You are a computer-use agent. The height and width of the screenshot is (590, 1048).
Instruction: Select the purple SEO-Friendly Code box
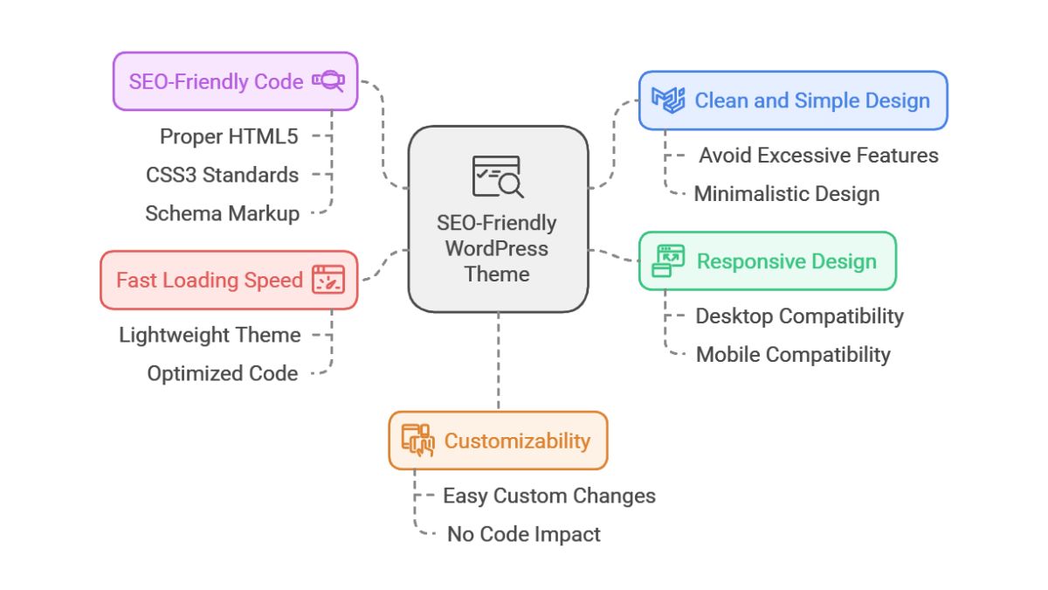[235, 81]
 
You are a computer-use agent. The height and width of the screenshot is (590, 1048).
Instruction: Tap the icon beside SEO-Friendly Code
[328, 81]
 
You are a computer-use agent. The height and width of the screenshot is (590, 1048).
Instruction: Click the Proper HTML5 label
[229, 136]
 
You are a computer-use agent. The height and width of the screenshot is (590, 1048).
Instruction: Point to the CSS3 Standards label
[222, 175]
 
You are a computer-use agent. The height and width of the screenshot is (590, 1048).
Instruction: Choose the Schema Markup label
[222, 213]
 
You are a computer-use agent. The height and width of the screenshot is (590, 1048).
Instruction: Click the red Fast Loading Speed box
[229, 280]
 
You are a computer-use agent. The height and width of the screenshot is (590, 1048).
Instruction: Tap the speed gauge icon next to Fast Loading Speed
[328, 280]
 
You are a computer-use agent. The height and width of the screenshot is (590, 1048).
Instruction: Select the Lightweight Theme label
[210, 335]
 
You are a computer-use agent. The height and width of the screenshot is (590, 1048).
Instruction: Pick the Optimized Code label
[222, 373]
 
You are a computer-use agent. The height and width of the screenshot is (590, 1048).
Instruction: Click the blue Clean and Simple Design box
[793, 101]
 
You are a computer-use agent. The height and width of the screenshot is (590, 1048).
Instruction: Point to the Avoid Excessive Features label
[818, 156]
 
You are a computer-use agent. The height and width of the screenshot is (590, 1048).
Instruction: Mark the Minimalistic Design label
[786, 193]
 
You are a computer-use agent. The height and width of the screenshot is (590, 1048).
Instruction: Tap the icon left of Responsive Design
[669, 261]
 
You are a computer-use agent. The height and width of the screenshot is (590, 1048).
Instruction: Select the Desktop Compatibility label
[799, 316]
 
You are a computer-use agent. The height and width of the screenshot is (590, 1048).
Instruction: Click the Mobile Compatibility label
[793, 354]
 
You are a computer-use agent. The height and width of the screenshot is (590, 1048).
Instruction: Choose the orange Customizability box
[498, 441]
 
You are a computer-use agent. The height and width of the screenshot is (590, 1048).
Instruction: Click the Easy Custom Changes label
[548, 496]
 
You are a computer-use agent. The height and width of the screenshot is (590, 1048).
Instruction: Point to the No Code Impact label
[523, 534]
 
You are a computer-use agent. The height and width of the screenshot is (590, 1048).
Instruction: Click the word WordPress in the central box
[497, 248]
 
